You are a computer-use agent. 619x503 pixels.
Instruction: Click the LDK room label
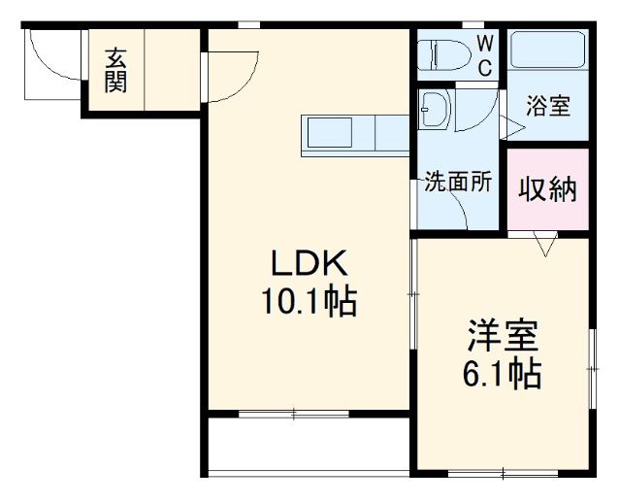pos(308,262)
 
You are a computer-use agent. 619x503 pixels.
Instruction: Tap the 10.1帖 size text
pos(308,303)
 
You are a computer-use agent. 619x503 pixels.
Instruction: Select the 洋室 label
pos(502,335)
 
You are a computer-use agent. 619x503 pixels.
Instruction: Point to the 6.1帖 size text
pos(502,373)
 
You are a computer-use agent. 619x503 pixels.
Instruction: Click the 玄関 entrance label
pos(115,71)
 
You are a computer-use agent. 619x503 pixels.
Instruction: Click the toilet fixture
pos(442,55)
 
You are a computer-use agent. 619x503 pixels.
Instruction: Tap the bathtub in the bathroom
pos(548,57)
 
